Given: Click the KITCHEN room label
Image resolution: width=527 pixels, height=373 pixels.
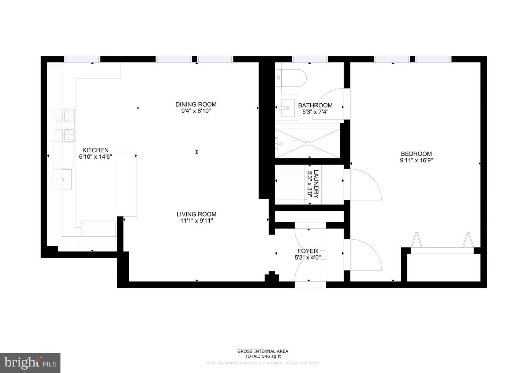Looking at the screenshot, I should tap(95, 150).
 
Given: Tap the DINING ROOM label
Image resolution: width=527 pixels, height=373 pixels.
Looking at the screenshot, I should tap(196, 104).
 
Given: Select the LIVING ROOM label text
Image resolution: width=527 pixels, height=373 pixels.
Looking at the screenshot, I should tap(196, 214).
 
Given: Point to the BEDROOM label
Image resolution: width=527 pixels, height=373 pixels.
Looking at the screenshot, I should tap(416, 154).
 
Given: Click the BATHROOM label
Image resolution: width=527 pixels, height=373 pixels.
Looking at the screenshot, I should tap(315, 106).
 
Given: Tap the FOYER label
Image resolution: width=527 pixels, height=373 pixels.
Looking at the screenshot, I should tap(307, 251).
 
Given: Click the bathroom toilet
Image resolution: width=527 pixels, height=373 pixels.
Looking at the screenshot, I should tap(293, 78).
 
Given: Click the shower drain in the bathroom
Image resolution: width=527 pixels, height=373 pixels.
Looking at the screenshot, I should tap(308, 144).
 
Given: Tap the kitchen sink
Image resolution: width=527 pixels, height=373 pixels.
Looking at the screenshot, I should tap(63, 179).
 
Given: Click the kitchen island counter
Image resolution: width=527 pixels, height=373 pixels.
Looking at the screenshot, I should tap(127, 184).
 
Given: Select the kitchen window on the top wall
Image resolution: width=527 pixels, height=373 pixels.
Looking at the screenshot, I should tap(82, 59).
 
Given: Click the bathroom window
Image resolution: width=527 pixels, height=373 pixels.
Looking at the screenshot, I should tap(310, 59).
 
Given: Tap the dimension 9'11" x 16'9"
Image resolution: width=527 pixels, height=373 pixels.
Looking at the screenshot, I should tap(416, 160).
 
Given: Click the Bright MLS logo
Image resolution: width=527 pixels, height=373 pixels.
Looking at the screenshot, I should tap(30, 363).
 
